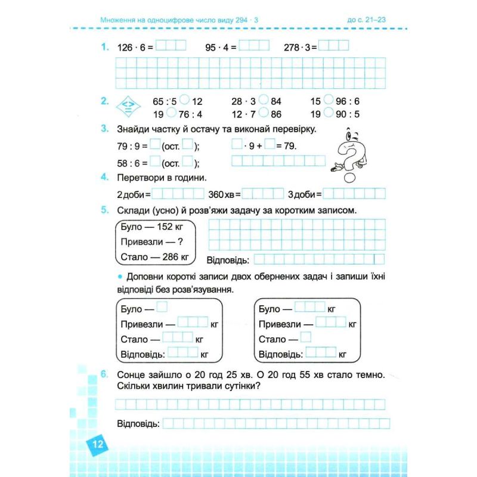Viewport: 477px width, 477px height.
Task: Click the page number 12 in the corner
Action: coord(98,444)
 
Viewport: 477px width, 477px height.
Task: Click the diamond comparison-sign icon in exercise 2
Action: coord(127,106)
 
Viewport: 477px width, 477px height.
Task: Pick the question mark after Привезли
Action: coord(180,243)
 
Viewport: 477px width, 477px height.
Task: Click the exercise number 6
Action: coord(104,375)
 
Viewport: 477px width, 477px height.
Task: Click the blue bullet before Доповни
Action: coord(119,277)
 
